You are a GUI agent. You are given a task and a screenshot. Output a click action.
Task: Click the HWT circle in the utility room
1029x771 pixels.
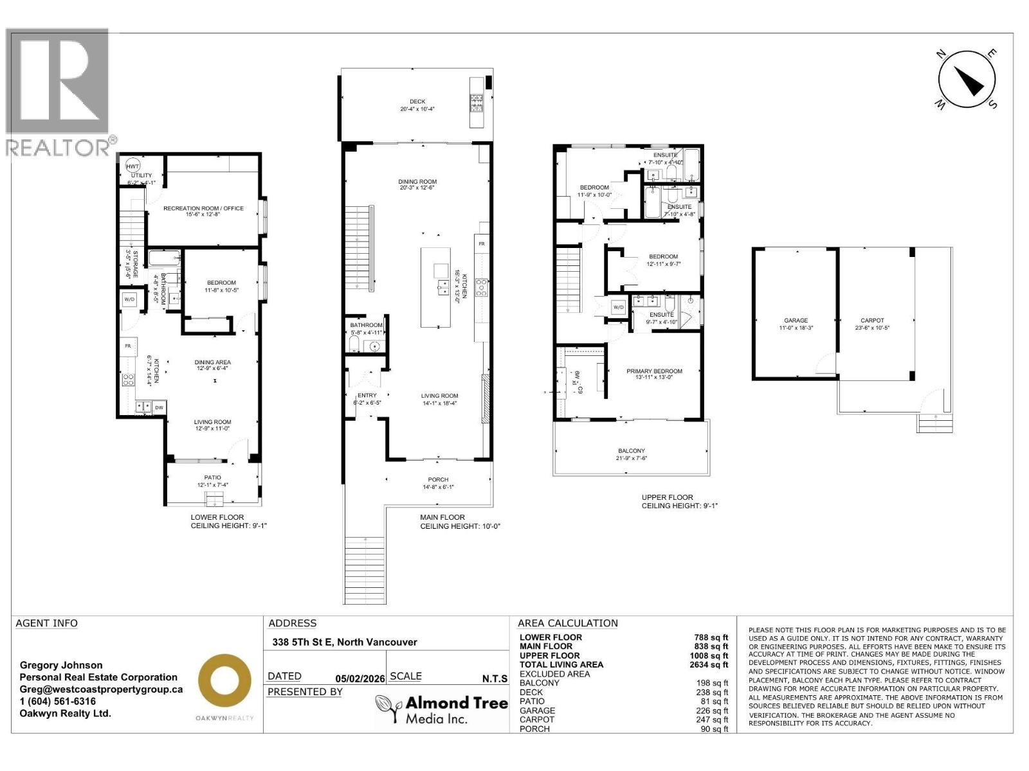(x=132, y=166)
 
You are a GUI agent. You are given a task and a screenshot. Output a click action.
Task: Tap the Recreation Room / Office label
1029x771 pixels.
(x=203, y=208)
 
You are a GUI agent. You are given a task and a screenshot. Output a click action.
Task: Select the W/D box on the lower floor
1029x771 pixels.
(x=129, y=299)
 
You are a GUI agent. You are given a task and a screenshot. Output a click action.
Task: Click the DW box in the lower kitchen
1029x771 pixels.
(x=159, y=407)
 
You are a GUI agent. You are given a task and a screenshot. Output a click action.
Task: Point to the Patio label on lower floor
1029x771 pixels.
(x=213, y=477)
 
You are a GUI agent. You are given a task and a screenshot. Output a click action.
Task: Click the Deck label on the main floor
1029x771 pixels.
(x=417, y=102)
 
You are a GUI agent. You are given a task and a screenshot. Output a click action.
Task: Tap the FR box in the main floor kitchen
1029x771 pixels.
(x=482, y=244)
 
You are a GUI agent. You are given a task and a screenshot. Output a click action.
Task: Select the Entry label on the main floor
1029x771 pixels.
(x=367, y=396)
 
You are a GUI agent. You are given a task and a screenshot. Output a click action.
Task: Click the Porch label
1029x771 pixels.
(x=438, y=480)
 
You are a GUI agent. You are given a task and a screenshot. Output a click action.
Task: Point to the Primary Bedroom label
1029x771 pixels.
(x=654, y=371)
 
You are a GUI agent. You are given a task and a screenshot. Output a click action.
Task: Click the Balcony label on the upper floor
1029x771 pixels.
(x=631, y=451)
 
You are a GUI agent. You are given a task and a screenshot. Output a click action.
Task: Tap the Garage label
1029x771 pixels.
(x=796, y=321)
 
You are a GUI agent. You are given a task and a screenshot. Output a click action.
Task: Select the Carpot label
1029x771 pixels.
(x=872, y=321)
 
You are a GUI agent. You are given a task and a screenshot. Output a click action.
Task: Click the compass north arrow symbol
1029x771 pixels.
(x=967, y=80)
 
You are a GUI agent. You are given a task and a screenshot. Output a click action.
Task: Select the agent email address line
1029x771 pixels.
(x=101, y=689)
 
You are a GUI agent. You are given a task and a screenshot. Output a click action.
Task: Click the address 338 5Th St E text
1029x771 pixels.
(x=345, y=642)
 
